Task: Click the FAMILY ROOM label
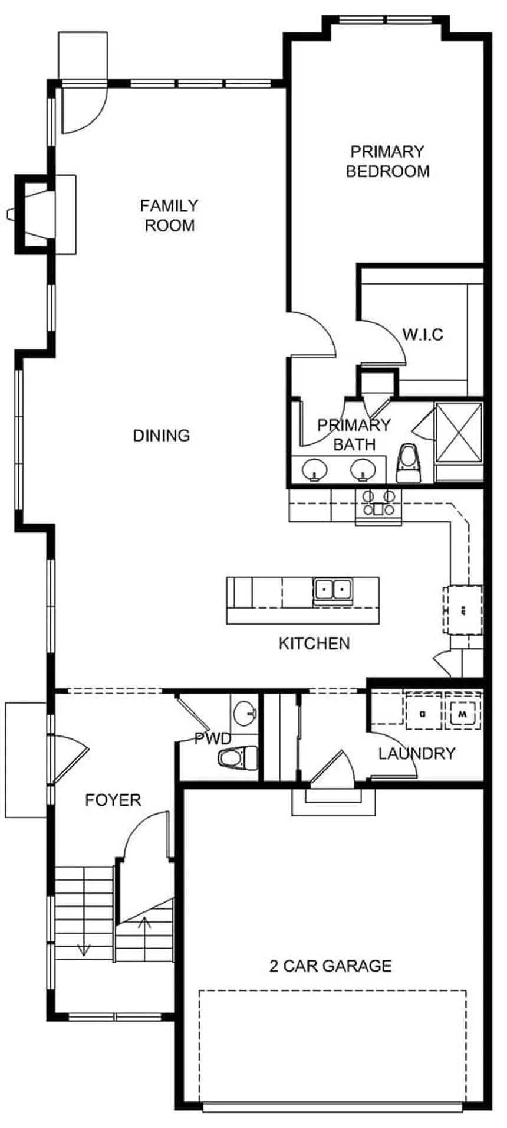click(x=169, y=215)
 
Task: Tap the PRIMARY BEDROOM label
click(x=387, y=161)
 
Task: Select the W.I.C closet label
click(x=423, y=334)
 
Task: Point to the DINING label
click(x=161, y=436)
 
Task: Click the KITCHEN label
click(x=314, y=643)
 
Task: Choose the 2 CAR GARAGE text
click(x=330, y=966)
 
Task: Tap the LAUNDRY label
click(x=416, y=753)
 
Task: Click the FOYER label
click(x=113, y=800)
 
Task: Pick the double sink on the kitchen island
click(x=332, y=589)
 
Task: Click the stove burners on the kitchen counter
click(x=378, y=503)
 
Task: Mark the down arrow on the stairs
click(x=84, y=949)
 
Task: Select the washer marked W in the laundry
click(x=462, y=714)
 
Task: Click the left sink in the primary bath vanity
click(x=315, y=470)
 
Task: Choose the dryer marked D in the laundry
click(x=423, y=714)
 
